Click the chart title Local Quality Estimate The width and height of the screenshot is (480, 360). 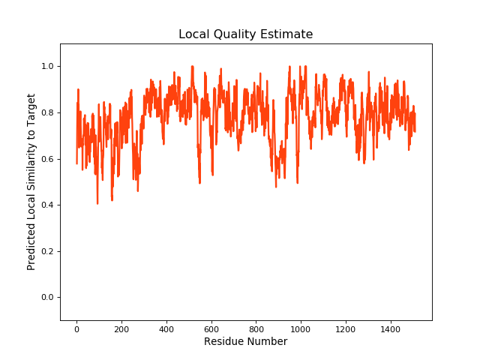[x=245, y=34]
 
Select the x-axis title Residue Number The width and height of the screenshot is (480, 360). [x=245, y=342]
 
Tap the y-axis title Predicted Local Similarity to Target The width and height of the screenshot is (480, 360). [x=31, y=182]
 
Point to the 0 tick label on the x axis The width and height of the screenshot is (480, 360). [x=76, y=328]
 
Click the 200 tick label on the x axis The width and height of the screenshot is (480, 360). [x=121, y=328]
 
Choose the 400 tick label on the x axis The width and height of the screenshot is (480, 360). [x=166, y=328]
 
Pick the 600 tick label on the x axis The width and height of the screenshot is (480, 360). [x=211, y=328]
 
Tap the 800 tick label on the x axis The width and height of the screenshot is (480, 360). [x=256, y=328]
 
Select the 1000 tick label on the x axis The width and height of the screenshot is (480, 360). [x=301, y=328]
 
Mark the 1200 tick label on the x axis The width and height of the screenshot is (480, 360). [x=346, y=328]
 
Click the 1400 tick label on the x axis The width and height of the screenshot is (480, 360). [x=391, y=328]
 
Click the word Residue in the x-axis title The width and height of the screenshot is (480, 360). [x=223, y=342]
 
